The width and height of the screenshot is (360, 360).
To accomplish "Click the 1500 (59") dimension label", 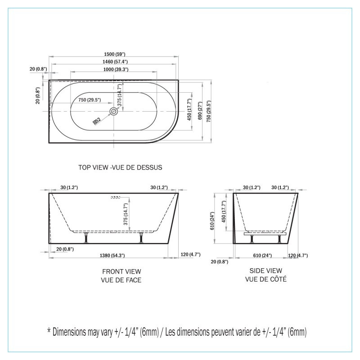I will click(114, 54).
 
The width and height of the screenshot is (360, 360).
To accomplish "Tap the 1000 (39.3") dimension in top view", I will click(114, 69).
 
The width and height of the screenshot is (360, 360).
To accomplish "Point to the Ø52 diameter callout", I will click(96, 121).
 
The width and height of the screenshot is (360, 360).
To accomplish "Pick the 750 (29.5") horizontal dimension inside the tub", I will click(89, 100).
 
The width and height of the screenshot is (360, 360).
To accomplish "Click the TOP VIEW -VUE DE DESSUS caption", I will click(120, 167).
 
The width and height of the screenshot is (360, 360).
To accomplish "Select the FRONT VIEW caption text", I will click(121, 271).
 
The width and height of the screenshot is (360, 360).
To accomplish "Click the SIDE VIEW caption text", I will click(265, 270).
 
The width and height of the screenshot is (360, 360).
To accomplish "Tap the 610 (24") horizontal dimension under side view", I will click(262, 256).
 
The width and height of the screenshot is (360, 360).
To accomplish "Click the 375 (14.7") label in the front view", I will click(126, 214).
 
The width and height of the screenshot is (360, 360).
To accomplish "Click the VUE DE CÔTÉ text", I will click(265, 279).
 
